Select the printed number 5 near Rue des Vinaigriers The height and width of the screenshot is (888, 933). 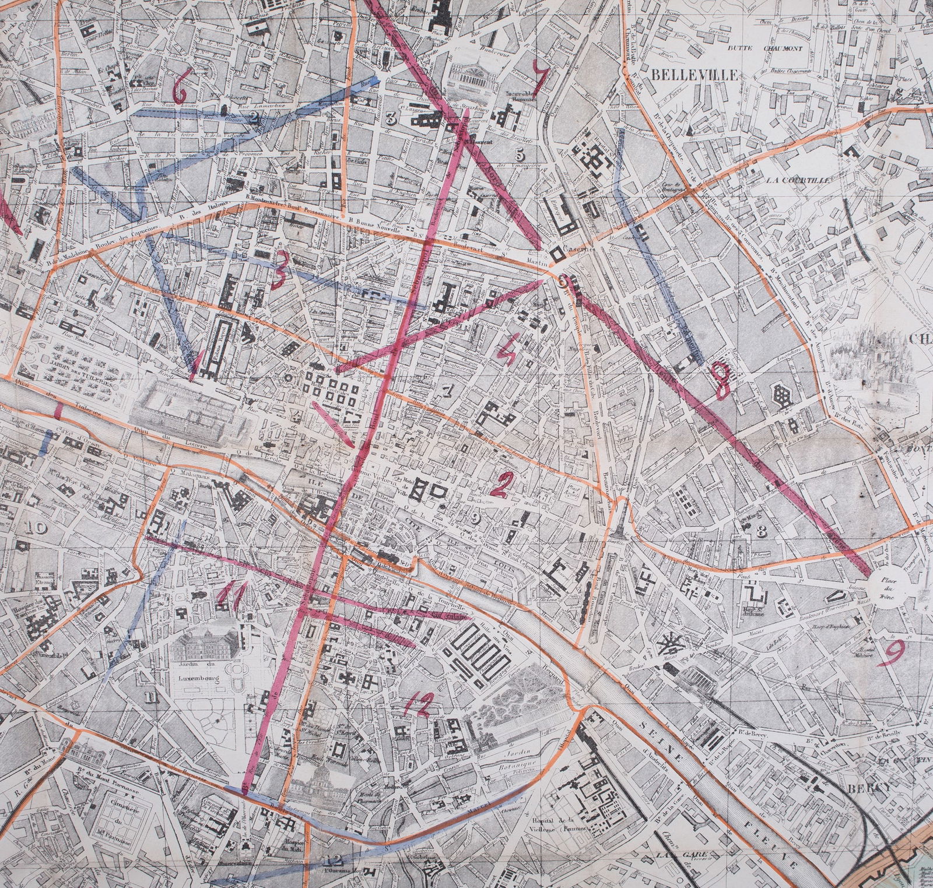coord(520,155)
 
